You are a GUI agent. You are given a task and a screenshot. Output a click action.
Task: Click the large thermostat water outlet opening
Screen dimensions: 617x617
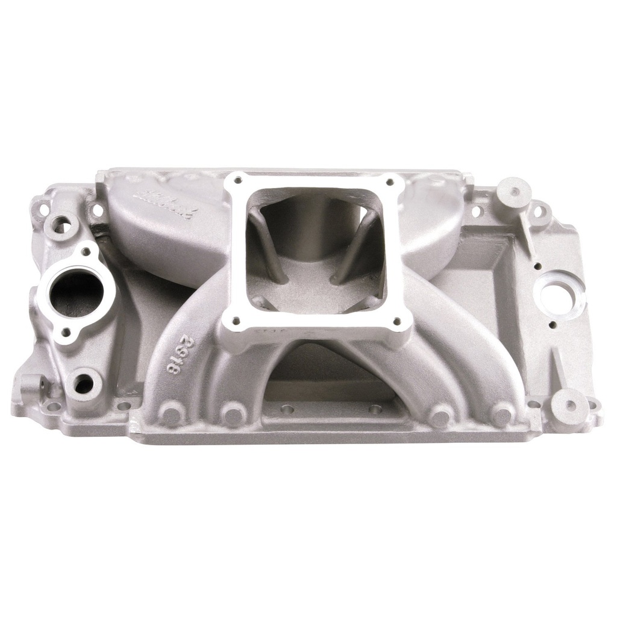click(x=74, y=293)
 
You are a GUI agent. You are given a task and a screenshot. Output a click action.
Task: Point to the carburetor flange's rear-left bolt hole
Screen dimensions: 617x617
click(x=238, y=180)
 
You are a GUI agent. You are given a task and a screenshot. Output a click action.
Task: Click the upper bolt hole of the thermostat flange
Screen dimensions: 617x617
click(x=86, y=252)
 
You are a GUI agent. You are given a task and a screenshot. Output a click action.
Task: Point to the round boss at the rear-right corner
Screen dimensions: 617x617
click(x=514, y=191)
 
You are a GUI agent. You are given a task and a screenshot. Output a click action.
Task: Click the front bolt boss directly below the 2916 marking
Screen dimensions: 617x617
click(x=172, y=415)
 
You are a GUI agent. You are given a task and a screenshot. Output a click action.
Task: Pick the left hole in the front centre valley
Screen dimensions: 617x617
click(x=287, y=409)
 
